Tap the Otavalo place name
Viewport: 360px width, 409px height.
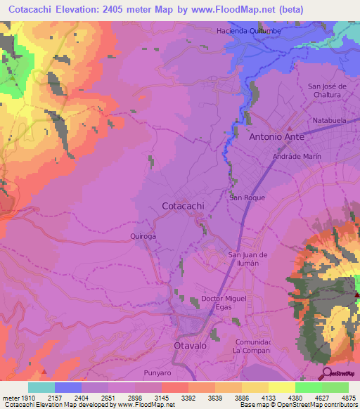pos(191,346)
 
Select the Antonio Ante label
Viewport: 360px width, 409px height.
pos(279,137)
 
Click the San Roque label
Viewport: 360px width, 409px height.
pos(247,198)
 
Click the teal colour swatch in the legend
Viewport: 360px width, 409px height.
pos(41,387)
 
